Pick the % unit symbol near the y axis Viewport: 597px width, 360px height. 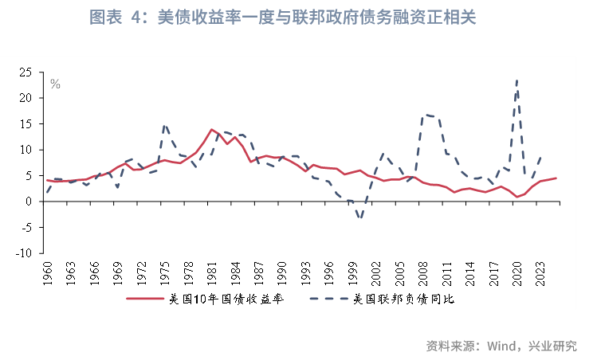[55, 84]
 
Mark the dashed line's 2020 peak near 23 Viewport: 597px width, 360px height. [517, 80]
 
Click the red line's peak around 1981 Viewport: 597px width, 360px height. [211, 129]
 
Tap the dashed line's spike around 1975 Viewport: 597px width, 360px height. [164, 124]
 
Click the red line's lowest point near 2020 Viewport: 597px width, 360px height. [516, 197]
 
